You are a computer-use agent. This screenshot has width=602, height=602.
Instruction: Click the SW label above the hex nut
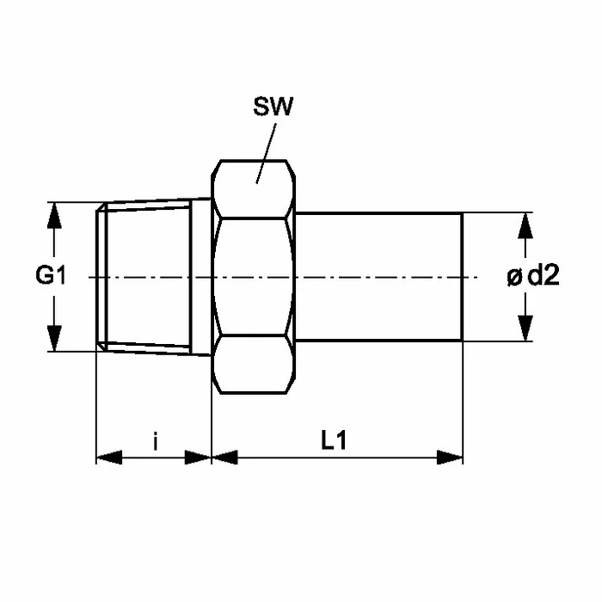[x=273, y=107]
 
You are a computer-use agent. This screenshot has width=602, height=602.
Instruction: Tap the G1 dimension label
[x=51, y=275]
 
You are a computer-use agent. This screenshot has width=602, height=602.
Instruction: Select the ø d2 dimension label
[x=533, y=276]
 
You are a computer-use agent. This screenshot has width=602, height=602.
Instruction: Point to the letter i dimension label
[x=155, y=440]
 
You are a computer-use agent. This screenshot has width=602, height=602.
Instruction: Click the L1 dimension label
[x=334, y=440]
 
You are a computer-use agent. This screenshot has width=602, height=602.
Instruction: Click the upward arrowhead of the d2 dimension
[x=525, y=226]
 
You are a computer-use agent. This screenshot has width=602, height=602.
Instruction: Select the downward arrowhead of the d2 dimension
[x=525, y=328]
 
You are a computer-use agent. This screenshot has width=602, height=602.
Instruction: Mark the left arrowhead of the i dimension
[x=109, y=458]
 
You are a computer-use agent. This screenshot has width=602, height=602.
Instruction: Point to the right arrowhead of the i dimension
[x=198, y=458]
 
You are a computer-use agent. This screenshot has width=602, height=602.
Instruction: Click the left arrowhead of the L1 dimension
[x=224, y=458]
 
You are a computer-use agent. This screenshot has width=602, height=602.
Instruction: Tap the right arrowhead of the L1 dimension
[x=450, y=458]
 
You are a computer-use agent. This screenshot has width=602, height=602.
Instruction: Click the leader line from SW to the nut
[x=266, y=154]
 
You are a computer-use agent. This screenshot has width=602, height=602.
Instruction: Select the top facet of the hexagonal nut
[x=254, y=190]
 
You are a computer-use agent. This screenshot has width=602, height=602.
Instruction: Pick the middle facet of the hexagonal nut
[x=254, y=277]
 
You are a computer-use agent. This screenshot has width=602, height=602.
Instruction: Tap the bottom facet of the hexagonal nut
[x=254, y=365]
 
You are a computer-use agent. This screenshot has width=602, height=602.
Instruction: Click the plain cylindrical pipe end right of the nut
[x=379, y=277]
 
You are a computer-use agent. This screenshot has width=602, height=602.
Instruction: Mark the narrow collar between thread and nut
[x=200, y=277]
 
